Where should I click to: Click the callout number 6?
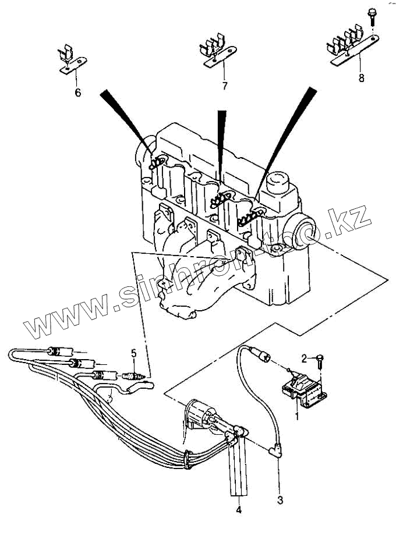[77, 93]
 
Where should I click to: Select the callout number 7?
[224, 86]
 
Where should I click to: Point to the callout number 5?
[133, 353]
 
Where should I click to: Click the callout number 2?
[304, 357]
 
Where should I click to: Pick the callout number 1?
[297, 416]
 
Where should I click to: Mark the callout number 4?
[238, 510]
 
